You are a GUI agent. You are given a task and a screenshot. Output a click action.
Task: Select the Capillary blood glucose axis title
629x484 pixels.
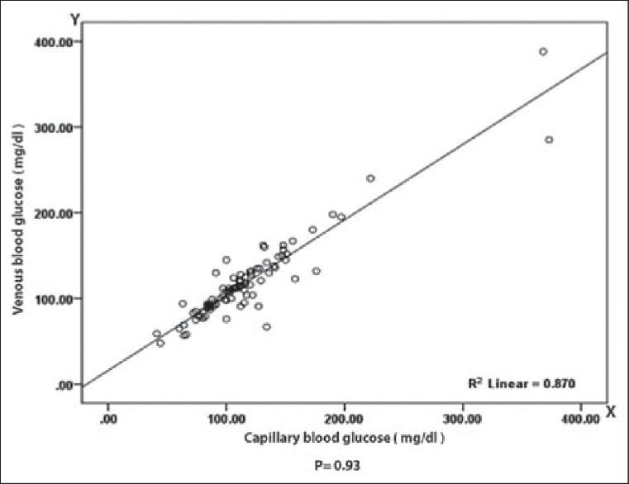[345, 439]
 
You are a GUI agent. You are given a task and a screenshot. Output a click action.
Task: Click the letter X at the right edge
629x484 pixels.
[610, 410]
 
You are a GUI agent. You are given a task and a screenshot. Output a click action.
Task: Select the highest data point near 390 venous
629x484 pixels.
[543, 51]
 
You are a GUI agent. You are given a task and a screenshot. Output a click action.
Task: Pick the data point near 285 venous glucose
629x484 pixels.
[549, 140]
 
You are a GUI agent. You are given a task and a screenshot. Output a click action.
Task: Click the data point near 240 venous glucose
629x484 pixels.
[370, 178]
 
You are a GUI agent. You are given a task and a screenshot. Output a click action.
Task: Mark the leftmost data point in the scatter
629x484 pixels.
[156, 334]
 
